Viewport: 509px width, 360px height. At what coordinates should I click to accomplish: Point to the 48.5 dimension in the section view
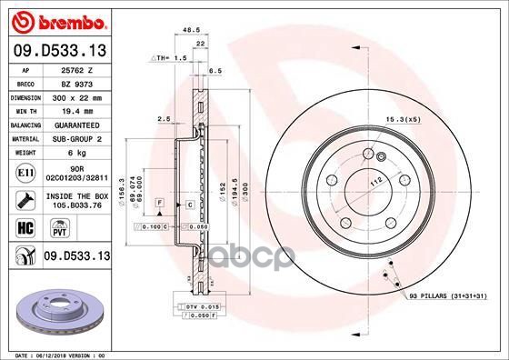(191, 30)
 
